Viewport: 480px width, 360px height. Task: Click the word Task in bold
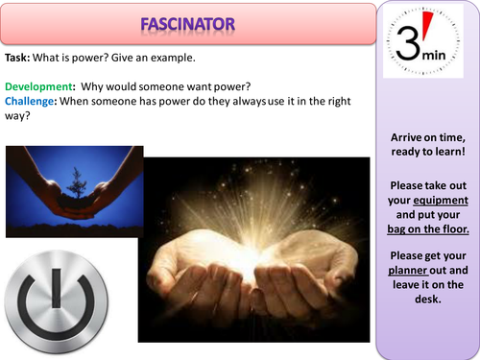click(19, 58)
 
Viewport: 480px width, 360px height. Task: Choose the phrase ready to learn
click(423, 151)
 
